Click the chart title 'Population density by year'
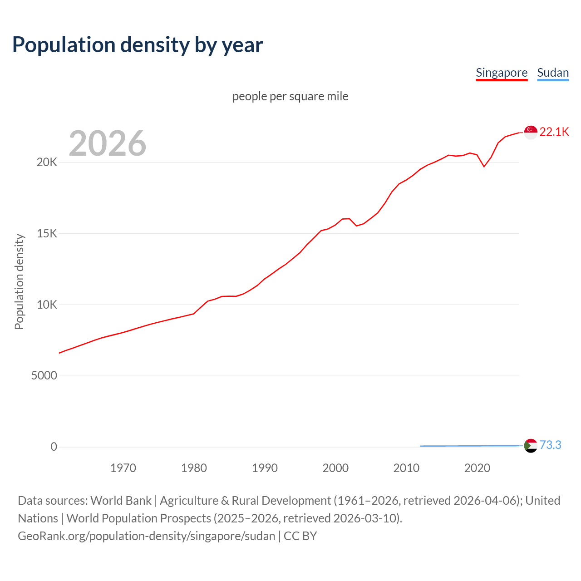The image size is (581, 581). [x=138, y=45]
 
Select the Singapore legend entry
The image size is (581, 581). [x=502, y=73]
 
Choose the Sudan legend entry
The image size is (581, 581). [x=553, y=73]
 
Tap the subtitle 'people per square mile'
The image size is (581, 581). [x=290, y=96]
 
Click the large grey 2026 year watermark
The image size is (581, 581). [x=108, y=143]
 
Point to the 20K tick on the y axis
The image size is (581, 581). [x=47, y=162]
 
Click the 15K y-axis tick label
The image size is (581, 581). [x=47, y=234]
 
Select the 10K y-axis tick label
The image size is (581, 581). [x=47, y=305]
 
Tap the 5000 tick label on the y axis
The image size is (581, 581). [x=44, y=376]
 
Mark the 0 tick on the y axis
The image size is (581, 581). [x=54, y=447]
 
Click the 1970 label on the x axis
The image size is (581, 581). [x=123, y=468]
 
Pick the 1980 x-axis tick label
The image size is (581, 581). [x=194, y=468]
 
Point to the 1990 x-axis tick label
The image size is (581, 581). [x=265, y=468]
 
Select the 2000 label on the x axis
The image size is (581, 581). [x=335, y=468]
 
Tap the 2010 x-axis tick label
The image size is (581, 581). [x=406, y=468]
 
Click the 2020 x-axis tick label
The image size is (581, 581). [x=477, y=468]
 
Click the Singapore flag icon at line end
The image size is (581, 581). [x=531, y=132]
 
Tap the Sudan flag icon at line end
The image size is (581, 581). [x=531, y=446]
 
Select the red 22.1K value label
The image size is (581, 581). [x=554, y=132]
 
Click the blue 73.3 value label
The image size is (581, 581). [x=550, y=445]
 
